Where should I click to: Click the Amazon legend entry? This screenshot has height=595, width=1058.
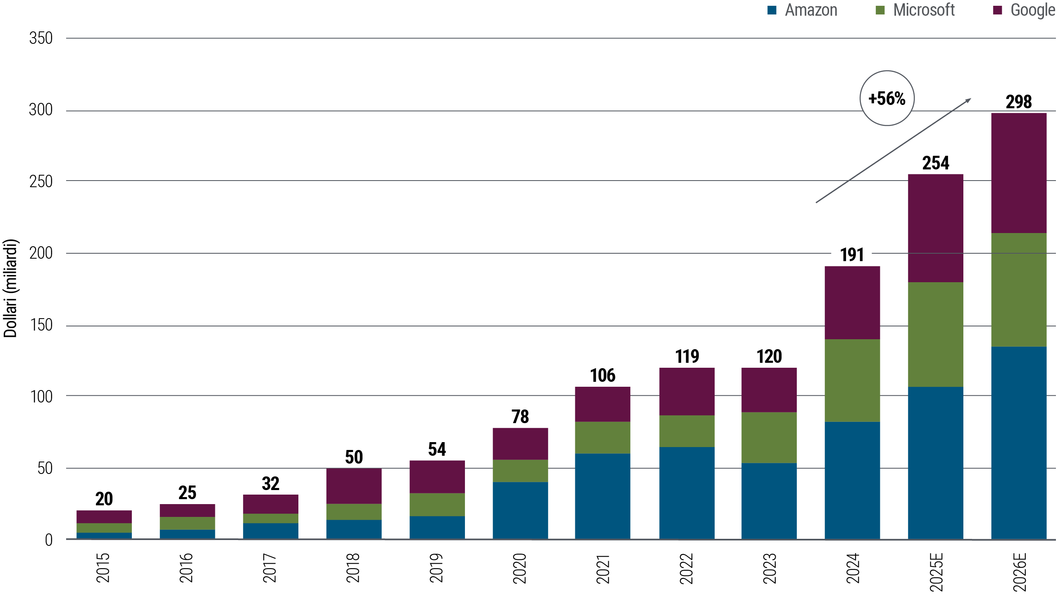click(803, 10)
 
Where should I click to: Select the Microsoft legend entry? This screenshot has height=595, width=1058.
click(915, 10)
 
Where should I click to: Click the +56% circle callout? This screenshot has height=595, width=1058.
click(887, 98)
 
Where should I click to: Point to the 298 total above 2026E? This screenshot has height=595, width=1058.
click(1019, 102)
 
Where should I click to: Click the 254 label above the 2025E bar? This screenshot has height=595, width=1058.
click(936, 163)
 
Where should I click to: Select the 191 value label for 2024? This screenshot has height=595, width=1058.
click(852, 255)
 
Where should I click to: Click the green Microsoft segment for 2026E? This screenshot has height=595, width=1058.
click(1019, 289)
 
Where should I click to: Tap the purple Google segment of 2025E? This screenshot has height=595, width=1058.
click(936, 228)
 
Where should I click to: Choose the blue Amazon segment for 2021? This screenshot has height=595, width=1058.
click(603, 496)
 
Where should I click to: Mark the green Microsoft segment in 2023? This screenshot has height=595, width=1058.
click(769, 437)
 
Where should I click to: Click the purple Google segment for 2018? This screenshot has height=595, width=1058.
click(354, 486)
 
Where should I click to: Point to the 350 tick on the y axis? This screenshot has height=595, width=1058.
click(41, 38)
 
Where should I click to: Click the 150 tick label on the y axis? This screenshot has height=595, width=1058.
click(41, 325)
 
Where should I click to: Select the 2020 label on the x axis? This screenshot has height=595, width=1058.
click(519, 569)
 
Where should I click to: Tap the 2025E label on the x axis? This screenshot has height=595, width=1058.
click(936, 572)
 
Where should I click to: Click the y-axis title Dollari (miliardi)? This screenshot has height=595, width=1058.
click(10, 288)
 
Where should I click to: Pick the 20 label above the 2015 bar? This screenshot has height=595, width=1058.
click(104, 499)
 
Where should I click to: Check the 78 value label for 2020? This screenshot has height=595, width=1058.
click(520, 416)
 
